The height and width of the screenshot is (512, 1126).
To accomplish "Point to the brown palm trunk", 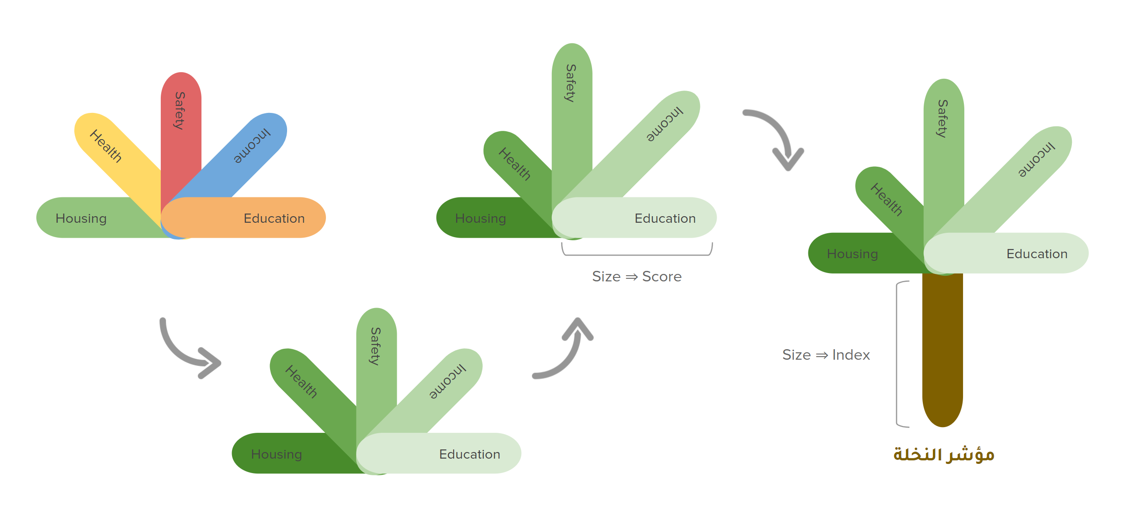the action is [x=942, y=350].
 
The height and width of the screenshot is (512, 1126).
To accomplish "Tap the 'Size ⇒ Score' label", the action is [x=637, y=277].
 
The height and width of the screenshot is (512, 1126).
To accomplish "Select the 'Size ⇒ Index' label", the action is [x=826, y=355].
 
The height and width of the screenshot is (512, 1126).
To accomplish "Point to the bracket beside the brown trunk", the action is [x=898, y=354].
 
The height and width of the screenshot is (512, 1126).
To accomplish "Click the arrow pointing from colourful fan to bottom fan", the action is [x=188, y=350].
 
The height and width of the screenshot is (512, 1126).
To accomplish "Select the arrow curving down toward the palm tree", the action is [x=778, y=136].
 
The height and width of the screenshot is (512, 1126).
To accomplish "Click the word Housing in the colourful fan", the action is [x=81, y=218].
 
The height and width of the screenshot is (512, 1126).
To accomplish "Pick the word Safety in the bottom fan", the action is [x=375, y=346].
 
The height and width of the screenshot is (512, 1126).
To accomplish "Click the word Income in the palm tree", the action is [x=1036, y=159].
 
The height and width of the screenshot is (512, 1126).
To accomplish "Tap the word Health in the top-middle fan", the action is [x=515, y=164].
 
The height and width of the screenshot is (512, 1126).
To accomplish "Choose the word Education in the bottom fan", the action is [x=469, y=454].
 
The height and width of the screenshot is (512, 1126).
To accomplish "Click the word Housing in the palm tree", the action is [x=852, y=254].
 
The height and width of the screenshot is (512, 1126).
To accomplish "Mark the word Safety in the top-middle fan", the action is [x=571, y=83].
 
